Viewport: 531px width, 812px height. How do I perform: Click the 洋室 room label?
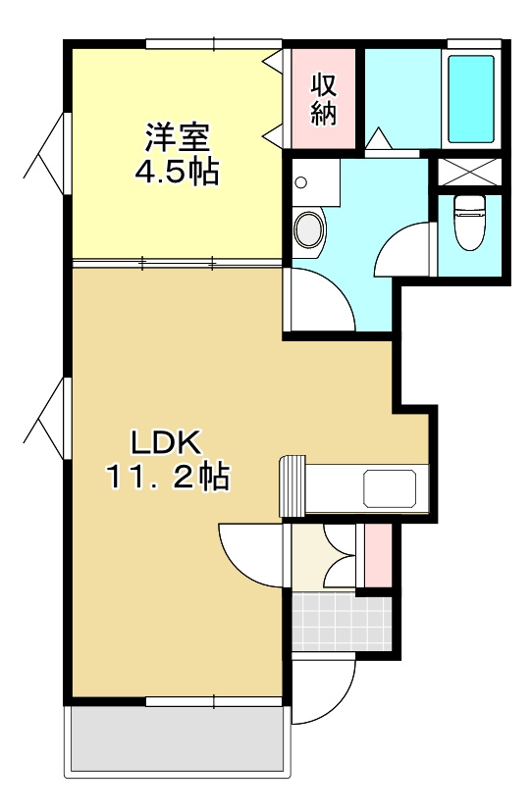point(178,137)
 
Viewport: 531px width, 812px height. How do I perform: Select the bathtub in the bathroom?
point(471,99)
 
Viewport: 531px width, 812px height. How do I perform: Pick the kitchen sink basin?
point(390,488)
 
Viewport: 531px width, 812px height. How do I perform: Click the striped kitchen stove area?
point(293,485)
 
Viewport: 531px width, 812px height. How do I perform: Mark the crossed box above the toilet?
point(469,172)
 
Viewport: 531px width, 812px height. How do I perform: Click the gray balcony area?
point(178,739)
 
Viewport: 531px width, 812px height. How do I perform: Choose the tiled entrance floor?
point(342,622)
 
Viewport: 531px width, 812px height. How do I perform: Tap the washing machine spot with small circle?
point(315,182)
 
